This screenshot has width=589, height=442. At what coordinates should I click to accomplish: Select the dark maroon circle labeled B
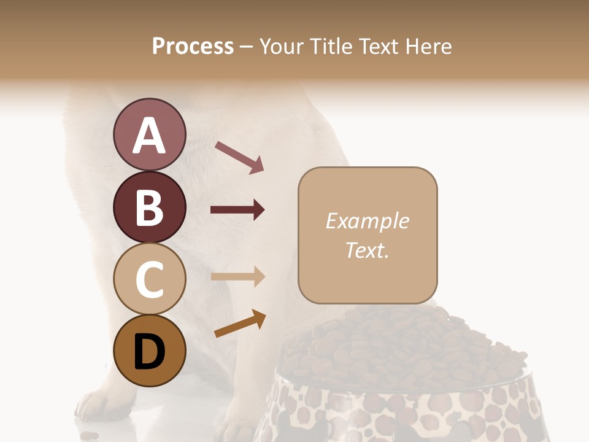point(149,207)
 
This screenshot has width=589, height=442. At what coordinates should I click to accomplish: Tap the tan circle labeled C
point(149,279)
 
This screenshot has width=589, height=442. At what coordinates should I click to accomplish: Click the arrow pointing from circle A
point(239,157)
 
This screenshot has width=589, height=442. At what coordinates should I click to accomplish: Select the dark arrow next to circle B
point(237,210)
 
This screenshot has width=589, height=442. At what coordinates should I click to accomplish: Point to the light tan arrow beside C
point(237,276)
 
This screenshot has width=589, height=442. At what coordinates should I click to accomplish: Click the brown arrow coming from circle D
point(240,324)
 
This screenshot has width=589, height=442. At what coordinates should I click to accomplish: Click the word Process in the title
point(193,47)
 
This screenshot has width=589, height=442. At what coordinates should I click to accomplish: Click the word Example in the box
point(367,221)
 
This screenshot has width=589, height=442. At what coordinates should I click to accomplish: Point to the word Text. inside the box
point(367,250)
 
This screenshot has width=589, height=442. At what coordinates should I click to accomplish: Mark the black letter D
point(149,353)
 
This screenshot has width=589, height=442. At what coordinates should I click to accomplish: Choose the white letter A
point(149,136)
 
